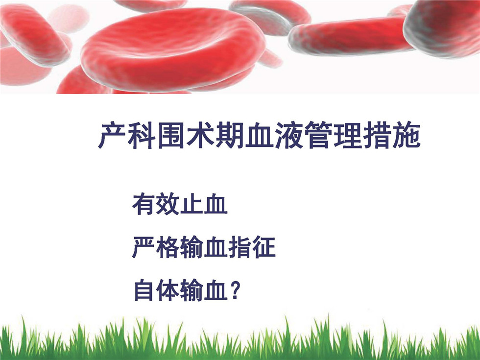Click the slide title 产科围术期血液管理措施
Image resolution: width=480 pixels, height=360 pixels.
coord(259,135)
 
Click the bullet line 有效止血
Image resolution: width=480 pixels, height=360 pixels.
coord(180,204)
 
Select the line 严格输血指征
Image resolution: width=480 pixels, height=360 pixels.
coord(204,247)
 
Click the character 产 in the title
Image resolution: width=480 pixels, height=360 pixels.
coord(112,135)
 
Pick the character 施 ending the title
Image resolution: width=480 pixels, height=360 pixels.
coord(407,135)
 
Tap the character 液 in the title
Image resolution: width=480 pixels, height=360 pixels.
coord(288,135)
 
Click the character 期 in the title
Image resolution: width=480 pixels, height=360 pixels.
coord(230,135)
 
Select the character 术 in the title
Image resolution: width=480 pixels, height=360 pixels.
coord(200,135)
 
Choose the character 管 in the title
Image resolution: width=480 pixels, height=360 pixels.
coord(318,135)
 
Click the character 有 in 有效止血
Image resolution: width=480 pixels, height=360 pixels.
coord(144,204)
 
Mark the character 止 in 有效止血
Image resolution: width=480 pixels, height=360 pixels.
coord(192,204)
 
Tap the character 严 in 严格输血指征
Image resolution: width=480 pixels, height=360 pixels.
coord(144,247)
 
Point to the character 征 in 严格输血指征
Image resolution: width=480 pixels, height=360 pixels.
coord(264,247)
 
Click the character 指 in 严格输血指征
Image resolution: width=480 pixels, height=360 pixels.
coord(240,247)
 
